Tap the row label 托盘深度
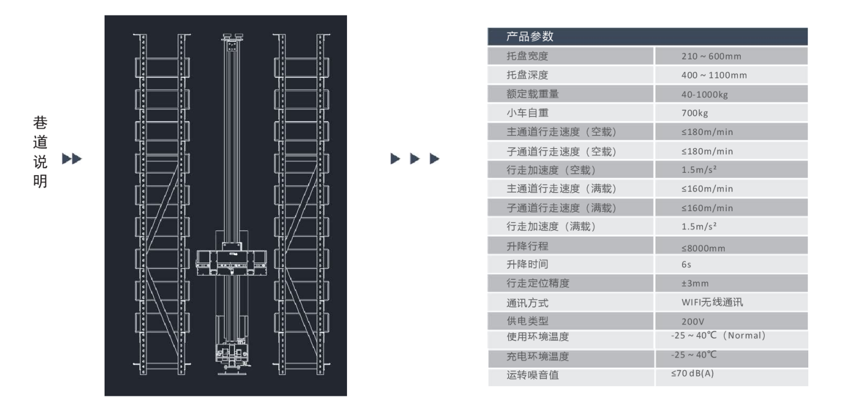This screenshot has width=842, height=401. [527, 75]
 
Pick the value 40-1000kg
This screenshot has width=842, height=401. [705, 94]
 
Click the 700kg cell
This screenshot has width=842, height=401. [694, 113]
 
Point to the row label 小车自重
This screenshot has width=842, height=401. [527, 113]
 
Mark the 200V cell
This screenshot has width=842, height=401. [692, 321]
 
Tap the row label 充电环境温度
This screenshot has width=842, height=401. [538, 357]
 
